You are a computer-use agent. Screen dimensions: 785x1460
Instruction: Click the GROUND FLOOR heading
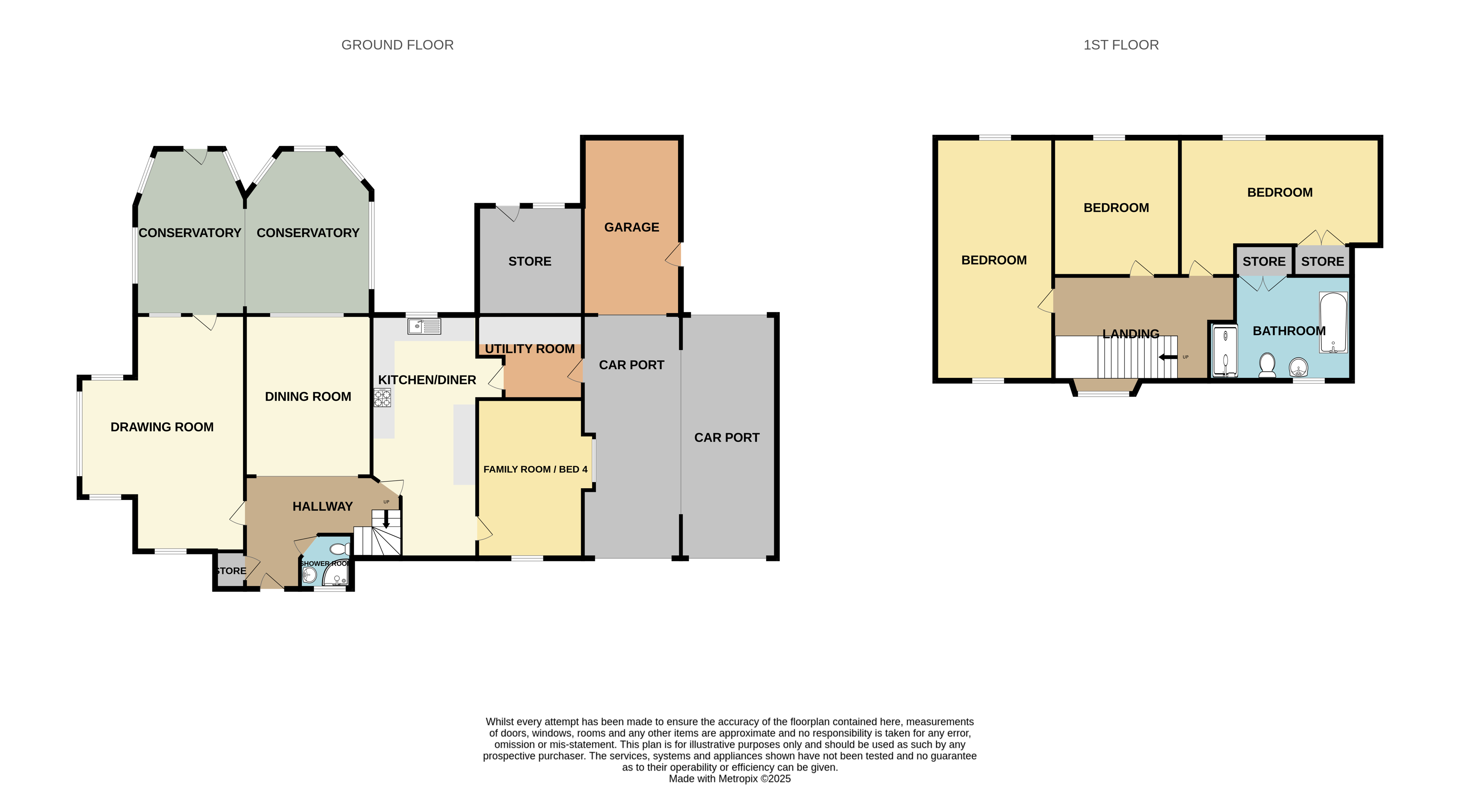(x=397, y=45)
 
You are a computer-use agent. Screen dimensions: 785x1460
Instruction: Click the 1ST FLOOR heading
(x=1121, y=45)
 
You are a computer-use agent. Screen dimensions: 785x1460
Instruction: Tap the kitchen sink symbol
(x=424, y=326)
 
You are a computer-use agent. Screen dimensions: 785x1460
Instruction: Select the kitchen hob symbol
(x=382, y=398)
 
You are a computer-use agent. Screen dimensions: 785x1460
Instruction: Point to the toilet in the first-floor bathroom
(x=1267, y=365)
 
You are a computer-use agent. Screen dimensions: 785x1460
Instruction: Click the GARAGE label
(x=632, y=227)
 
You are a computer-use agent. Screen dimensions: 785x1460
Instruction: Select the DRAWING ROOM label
(x=162, y=427)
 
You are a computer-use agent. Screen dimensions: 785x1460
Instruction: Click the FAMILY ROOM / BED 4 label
(x=535, y=470)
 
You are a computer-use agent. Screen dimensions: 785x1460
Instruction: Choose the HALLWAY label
(x=323, y=506)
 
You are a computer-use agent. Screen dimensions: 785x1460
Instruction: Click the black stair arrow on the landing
(x=1168, y=357)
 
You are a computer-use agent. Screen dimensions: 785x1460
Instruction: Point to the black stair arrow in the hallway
(x=386, y=519)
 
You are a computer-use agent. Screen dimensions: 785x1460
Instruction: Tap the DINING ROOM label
(x=308, y=397)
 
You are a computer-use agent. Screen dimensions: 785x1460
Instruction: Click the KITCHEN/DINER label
(x=427, y=380)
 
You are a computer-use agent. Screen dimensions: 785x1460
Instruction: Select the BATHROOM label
(x=1289, y=331)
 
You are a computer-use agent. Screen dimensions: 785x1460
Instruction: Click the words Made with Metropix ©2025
(x=729, y=778)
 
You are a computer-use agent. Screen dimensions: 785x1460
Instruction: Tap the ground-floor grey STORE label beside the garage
(x=530, y=261)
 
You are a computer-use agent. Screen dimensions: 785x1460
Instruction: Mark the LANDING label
(x=1131, y=334)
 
